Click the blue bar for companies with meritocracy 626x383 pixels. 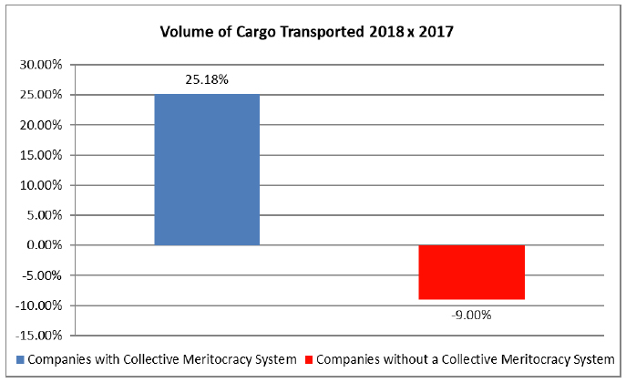pos(207,170)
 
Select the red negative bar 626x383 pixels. pos(471,272)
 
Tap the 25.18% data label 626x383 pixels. pos(207,79)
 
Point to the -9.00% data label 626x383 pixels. pos(471,316)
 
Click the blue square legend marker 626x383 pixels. pos(21,359)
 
